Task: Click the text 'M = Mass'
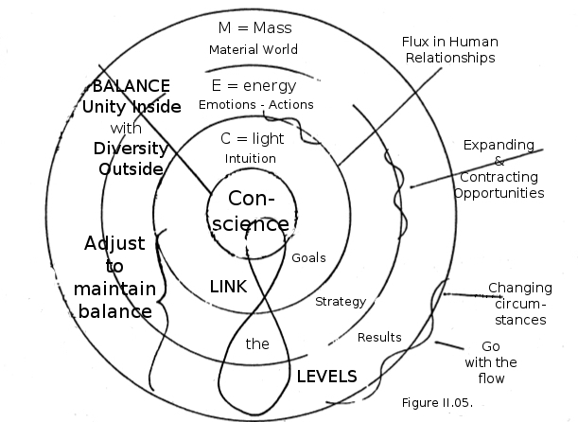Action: click(253, 29)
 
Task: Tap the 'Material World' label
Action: click(253, 49)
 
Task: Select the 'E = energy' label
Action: click(253, 85)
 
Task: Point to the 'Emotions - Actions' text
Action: click(262, 104)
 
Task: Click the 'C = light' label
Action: click(252, 139)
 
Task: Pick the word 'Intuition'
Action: click(251, 158)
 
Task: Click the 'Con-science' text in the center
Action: click(258, 212)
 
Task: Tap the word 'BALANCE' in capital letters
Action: click(131, 86)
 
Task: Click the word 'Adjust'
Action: click(115, 243)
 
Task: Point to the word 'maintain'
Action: click(116, 289)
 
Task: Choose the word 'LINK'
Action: click(227, 286)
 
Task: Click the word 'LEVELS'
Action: click(327, 376)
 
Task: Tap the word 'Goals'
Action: click(308, 257)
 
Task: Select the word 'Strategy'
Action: click(341, 301)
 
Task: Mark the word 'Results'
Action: click(379, 337)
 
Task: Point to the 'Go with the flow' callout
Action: click(491, 362)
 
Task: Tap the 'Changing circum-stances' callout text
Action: click(519, 304)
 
